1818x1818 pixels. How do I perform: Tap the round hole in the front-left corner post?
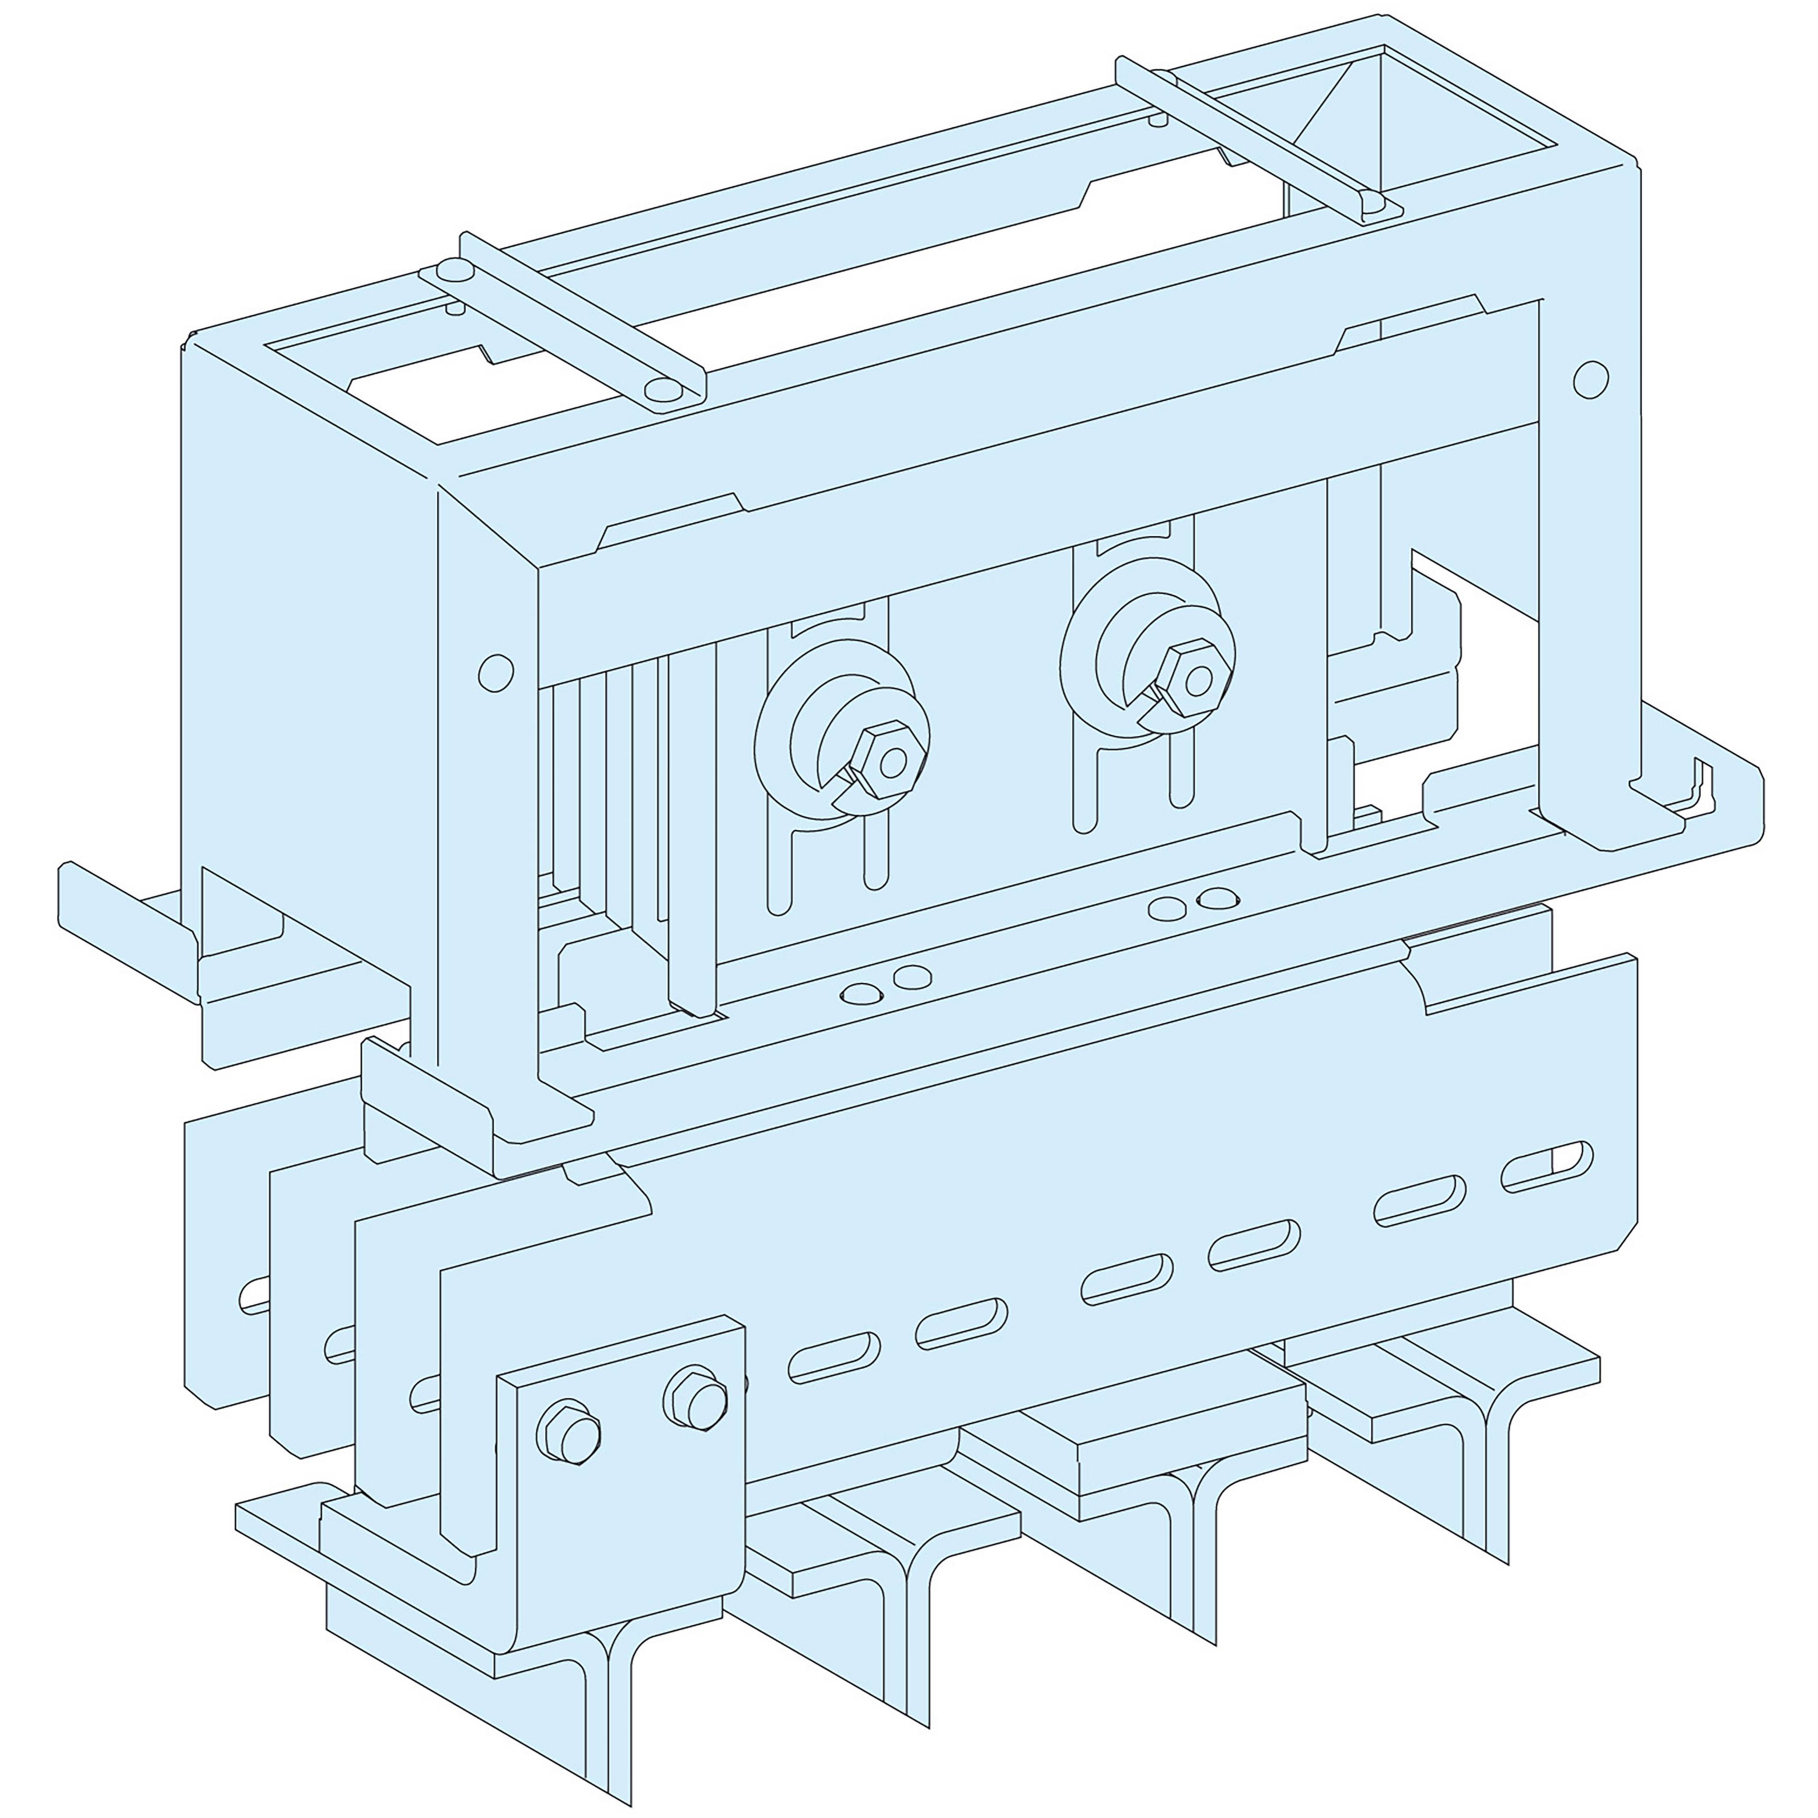pos(496,672)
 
